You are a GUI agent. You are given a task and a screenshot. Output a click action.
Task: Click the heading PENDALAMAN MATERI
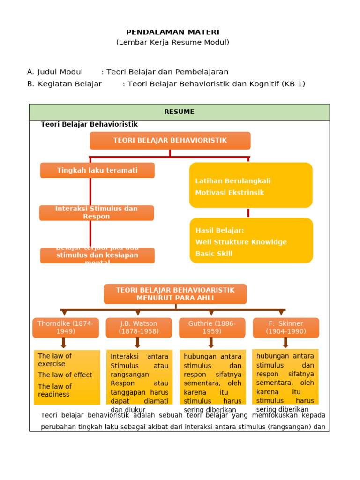tap(172, 32)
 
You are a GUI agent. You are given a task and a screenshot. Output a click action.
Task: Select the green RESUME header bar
tap(179, 112)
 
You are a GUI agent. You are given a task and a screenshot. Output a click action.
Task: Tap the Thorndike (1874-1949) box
tap(66, 328)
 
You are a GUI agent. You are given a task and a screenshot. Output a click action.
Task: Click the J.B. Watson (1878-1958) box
tap(139, 328)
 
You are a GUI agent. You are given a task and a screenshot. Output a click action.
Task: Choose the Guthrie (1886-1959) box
tap(212, 328)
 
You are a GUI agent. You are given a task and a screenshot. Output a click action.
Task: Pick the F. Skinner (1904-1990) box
tap(286, 328)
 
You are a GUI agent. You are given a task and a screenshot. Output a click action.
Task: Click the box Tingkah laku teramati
tap(97, 170)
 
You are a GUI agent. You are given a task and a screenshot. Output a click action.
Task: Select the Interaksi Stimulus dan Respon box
tap(97, 213)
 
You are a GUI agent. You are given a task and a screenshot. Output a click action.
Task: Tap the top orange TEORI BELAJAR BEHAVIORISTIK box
tap(170, 141)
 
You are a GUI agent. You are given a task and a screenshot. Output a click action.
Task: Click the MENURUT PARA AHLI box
tap(175, 294)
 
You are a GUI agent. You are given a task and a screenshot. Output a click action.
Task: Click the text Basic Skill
tap(214, 254)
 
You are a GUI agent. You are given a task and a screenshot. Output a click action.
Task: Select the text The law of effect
tap(65, 375)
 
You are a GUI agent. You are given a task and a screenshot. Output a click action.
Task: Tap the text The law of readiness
tap(55, 390)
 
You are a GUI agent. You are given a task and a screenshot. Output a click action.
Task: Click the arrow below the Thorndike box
tap(64, 343)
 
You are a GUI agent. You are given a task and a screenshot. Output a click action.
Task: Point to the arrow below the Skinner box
tap(285, 343)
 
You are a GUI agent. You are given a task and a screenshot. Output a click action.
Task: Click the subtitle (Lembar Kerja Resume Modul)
tap(172, 43)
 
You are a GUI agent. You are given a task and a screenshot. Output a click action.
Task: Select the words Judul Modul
tap(60, 72)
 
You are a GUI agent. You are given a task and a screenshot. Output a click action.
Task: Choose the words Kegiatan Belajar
tap(69, 84)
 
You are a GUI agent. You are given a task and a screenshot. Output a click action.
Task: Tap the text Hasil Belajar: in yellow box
tap(220, 231)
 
